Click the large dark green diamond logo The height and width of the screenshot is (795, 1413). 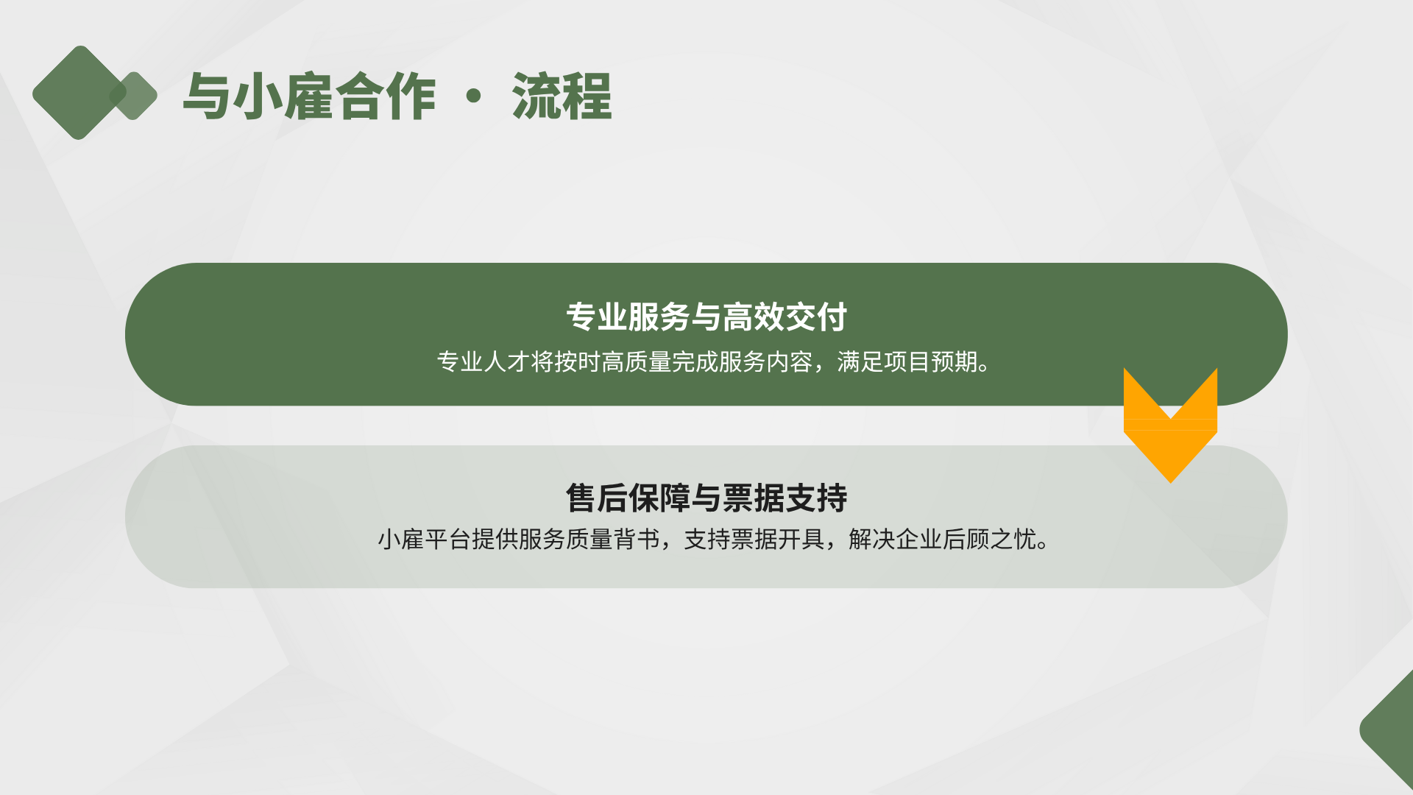coord(79,93)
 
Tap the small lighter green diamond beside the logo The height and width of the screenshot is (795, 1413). coord(133,96)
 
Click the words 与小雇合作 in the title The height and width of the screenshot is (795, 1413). coord(309,96)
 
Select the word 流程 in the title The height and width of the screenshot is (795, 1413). coord(562,96)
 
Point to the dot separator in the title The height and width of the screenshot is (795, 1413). coord(474,96)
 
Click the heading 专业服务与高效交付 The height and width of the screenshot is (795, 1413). coord(706,317)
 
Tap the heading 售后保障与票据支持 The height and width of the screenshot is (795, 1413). coord(706,498)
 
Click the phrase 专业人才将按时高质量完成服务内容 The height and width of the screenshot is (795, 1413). coord(625,362)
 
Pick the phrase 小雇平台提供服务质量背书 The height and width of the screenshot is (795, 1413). coord(519,540)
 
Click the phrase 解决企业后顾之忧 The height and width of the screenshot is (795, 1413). coord(943,540)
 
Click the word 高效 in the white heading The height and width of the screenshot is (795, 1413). coord(754,317)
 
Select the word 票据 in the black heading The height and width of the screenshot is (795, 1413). coord(754,498)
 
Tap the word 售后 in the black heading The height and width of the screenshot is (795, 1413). coord(596,498)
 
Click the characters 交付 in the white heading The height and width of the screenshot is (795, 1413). coord(816,317)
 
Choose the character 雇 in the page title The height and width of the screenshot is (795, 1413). coord(309,96)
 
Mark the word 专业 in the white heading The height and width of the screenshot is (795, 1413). coord(596,317)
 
